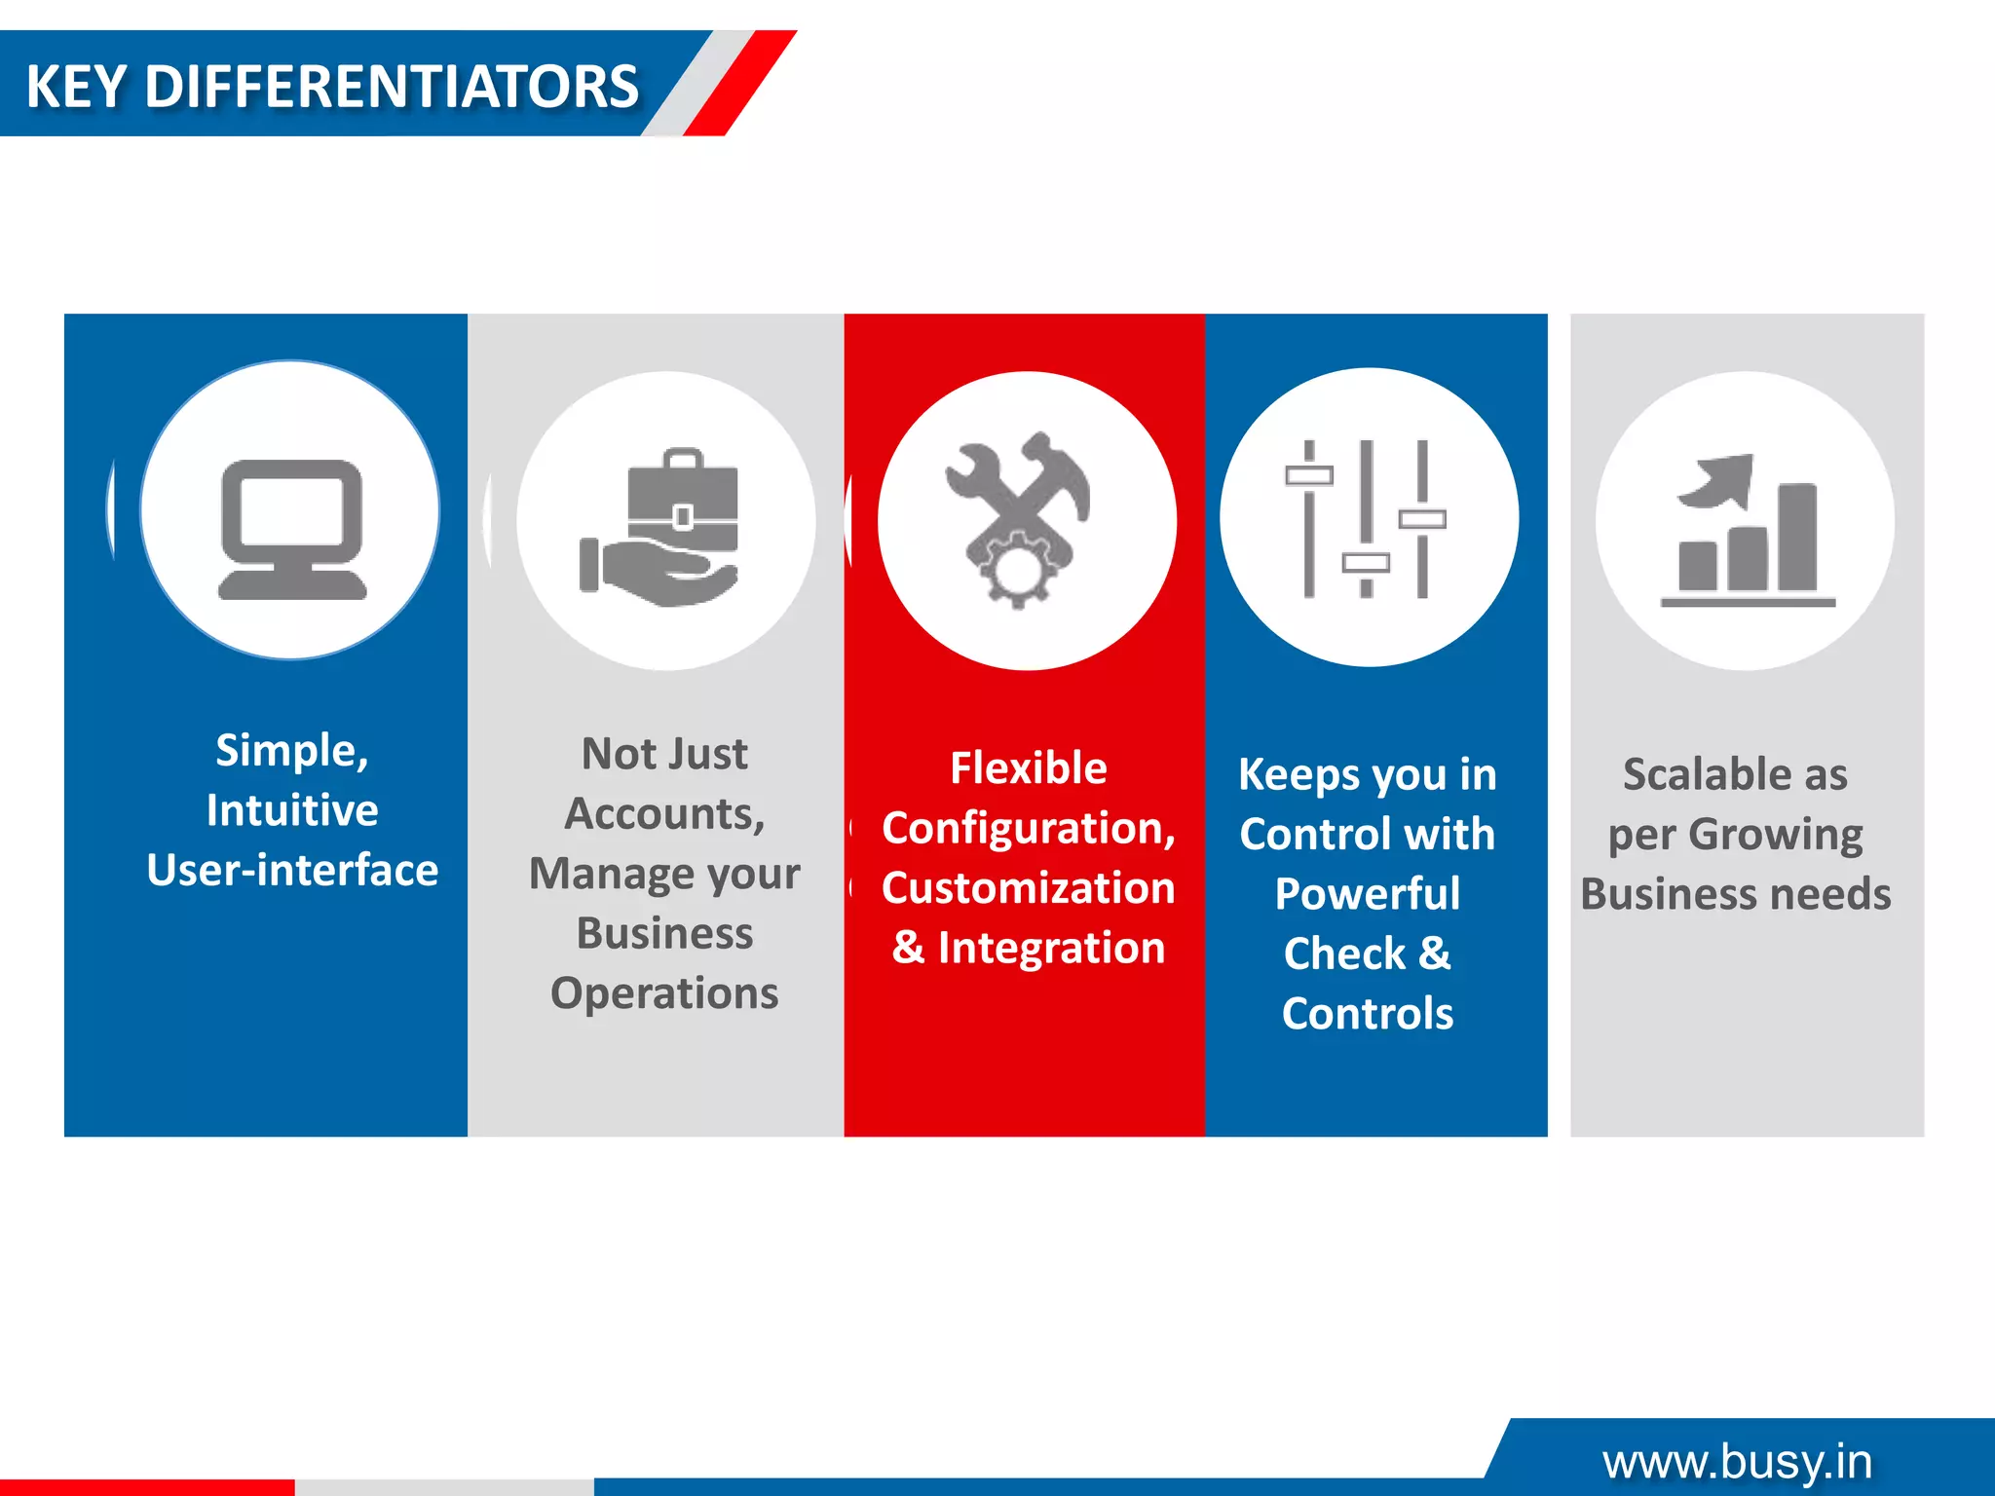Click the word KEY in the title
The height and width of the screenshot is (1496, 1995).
(x=76, y=87)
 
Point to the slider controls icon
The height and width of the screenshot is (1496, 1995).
(x=1366, y=518)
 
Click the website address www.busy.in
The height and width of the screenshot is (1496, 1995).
(x=1737, y=1461)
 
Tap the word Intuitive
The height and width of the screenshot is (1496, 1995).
(x=292, y=810)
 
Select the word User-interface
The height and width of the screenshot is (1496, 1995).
(x=292, y=870)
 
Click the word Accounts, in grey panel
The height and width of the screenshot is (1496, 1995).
(x=664, y=814)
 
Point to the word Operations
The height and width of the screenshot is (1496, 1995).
(x=664, y=993)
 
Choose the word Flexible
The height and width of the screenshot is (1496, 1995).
(x=1029, y=768)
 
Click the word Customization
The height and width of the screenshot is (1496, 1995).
(x=1029, y=888)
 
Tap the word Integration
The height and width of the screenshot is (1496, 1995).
(x=1051, y=948)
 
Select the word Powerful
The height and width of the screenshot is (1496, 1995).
(x=1368, y=894)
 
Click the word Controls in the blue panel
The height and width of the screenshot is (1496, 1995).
(x=1368, y=1014)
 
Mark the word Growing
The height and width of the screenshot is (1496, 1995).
(x=1775, y=835)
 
